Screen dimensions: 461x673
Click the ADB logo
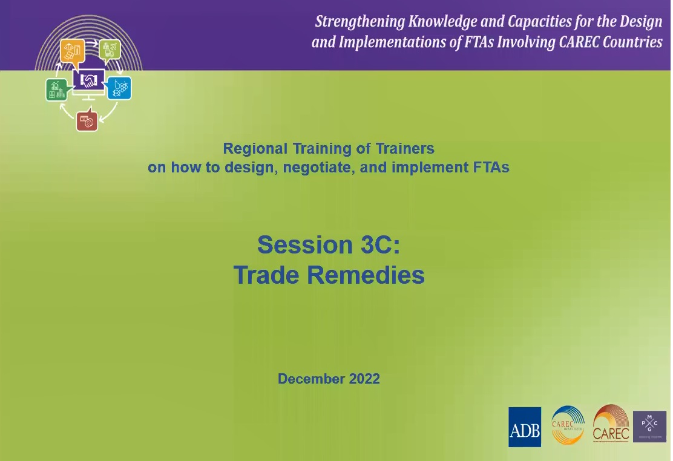(525, 427)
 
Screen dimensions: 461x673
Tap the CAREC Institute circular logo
(568, 425)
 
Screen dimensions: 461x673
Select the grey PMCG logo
(649, 427)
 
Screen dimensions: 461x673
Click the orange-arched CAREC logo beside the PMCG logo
(611, 424)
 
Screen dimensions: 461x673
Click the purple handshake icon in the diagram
(89, 80)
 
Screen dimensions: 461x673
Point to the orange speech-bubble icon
(72, 51)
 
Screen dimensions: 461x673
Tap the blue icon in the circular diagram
(119, 88)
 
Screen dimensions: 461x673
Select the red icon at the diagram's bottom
(87, 121)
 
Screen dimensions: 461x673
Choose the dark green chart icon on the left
(56, 90)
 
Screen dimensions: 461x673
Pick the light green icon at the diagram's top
(110, 50)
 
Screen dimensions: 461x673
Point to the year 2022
(364, 379)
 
